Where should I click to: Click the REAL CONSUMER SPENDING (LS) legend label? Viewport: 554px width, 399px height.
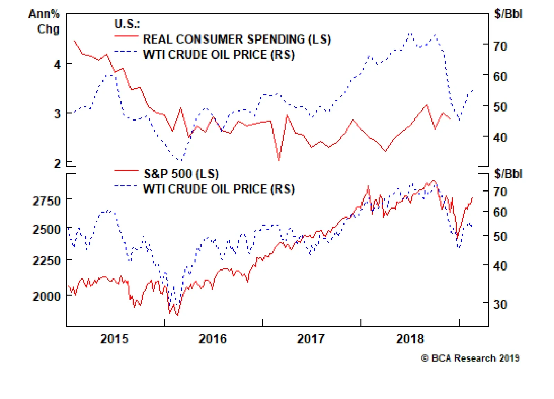point(237,39)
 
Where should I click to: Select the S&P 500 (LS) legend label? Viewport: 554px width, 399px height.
point(181,174)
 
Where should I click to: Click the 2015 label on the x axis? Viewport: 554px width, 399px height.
point(114,338)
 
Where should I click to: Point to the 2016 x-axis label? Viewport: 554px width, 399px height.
point(213,338)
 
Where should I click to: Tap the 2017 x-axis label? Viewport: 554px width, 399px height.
point(311,338)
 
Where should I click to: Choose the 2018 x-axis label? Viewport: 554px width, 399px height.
point(410,338)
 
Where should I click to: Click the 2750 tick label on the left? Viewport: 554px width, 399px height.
point(46,201)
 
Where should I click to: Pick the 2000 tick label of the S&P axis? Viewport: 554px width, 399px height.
point(46,296)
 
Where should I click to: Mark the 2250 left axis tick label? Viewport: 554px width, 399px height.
point(46,260)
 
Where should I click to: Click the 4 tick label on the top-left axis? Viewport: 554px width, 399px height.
point(57,64)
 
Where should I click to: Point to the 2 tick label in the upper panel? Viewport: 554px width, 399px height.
point(57,163)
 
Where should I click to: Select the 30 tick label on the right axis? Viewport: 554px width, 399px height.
point(500,304)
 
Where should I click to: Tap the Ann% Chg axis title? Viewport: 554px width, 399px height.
point(44,21)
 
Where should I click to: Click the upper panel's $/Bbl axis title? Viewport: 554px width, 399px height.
point(508,14)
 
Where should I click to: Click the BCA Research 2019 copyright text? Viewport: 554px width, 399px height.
point(470,358)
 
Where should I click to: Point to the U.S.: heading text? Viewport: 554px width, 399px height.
point(127,24)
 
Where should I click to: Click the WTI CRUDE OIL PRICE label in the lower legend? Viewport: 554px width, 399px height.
point(218,189)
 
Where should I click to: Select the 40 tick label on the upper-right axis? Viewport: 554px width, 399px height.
point(500,137)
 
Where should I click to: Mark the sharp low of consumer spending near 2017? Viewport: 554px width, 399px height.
point(279,160)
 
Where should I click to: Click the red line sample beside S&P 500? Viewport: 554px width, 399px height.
point(126,171)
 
